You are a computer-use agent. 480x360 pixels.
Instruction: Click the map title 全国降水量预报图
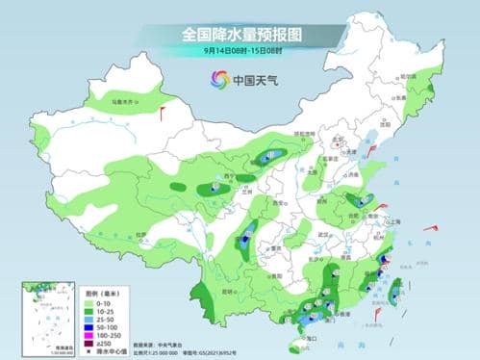(240, 34)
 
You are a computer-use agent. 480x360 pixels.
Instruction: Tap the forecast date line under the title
(240, 50)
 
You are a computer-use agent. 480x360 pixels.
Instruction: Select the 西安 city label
(279, 203)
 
